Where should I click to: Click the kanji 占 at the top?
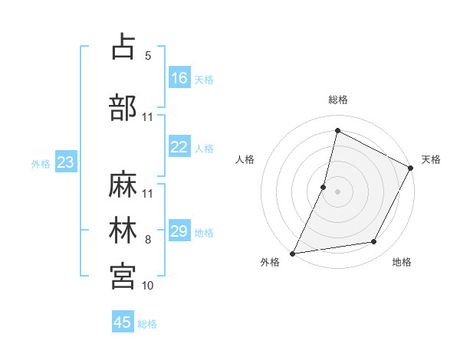coord(123,47)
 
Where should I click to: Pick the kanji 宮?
coord(123,276)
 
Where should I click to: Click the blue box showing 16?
coord(179,78)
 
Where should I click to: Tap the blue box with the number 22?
coord(179,148)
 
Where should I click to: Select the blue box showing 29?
coord(179,231)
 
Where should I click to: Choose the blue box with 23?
coord(65,162)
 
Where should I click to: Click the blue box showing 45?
coord(123,322)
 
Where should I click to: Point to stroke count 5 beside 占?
coord(148,56)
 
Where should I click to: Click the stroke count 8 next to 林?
coord(148,240)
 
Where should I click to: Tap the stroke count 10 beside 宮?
coord(148,286)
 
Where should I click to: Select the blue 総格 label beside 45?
coord(147,324)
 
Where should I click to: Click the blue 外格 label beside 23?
coord(41,163)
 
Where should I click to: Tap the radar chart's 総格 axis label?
coord(338,100)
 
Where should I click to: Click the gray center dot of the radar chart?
coord(338,191)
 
